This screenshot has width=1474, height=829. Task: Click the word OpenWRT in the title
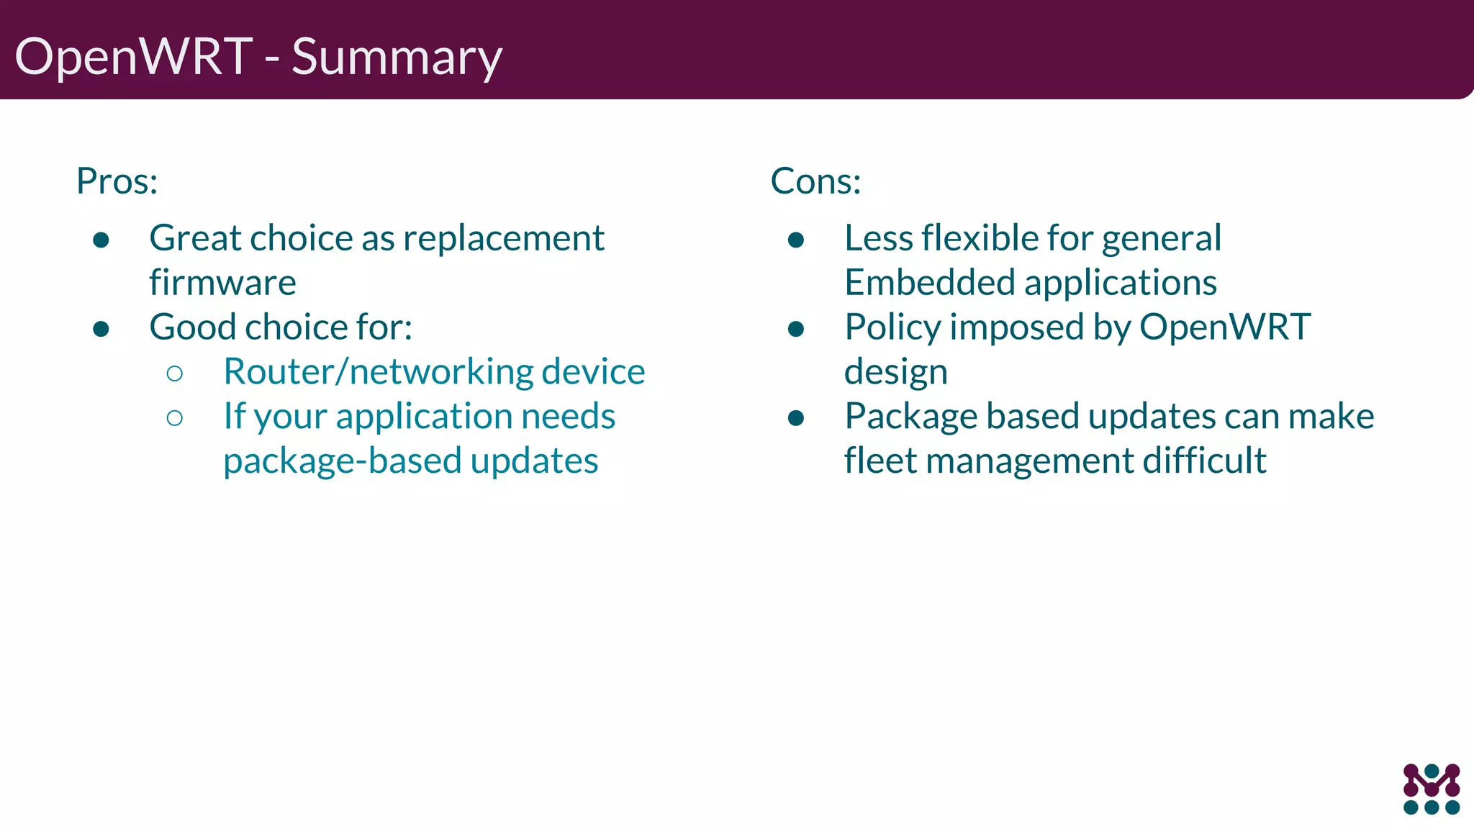(134, 56)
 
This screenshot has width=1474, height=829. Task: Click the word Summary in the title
(397, 58)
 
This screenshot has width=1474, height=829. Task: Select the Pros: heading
(117, 181)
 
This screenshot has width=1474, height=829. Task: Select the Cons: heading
(815, 181)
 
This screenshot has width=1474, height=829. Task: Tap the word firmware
(222, 282)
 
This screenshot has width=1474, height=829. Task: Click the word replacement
(504, 238)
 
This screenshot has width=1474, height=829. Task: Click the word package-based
(343, 461)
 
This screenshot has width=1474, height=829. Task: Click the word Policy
(892, 327)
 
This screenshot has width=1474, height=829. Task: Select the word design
(895, 372)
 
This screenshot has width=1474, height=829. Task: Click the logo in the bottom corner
(1432, 789)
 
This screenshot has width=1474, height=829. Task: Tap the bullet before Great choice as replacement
(101, 240)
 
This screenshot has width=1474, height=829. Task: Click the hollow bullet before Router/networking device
(174, 373)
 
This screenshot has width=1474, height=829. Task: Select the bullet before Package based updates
(795, 418)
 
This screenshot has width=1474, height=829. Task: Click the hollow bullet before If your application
(174, 417)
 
